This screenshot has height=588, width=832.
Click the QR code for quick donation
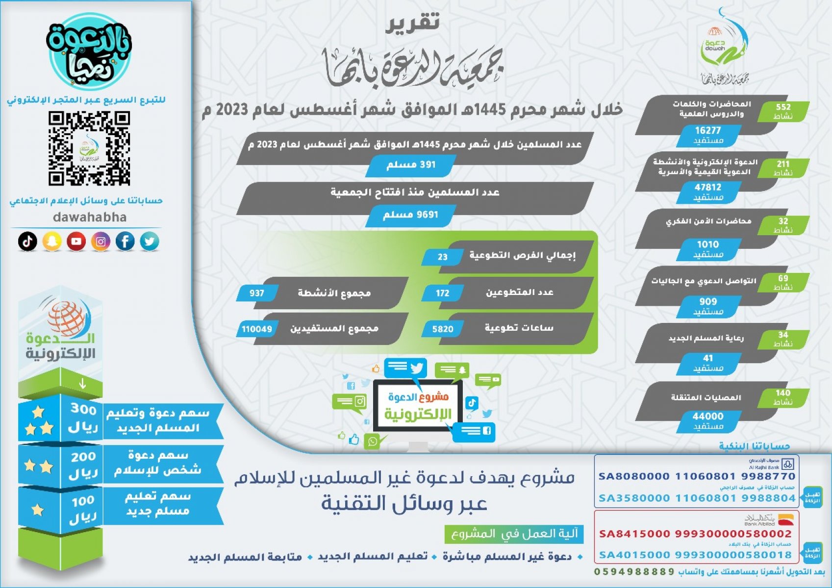point(89,148)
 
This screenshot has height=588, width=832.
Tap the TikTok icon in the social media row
point(27,241)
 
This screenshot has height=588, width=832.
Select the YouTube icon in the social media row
point(76,241)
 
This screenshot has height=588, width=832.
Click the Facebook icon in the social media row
point(125,241)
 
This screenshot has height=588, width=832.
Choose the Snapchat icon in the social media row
point(52,241)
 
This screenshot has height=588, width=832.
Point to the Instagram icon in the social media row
point(101,241)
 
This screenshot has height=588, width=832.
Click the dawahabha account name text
point(90,217)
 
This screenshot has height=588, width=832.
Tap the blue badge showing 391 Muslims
point(411,165)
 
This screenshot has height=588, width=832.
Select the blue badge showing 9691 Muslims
point(410,215)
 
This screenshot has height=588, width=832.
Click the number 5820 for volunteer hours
point(443,329)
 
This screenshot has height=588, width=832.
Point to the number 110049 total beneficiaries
point(256,329)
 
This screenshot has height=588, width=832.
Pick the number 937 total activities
point(256,293)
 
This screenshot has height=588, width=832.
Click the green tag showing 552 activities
point(783,111)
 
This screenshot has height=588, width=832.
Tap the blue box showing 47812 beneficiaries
point(708,192)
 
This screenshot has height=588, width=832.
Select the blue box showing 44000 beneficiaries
point(708,420)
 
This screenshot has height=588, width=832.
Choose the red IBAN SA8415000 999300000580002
point(695,534)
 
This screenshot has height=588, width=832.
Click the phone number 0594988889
point(634,572)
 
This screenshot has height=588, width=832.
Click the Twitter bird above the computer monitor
point(417,368)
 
